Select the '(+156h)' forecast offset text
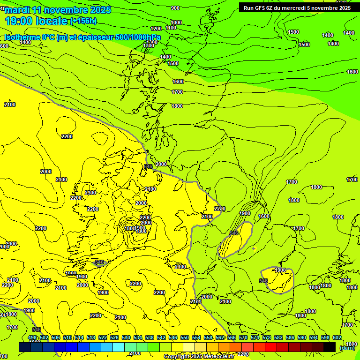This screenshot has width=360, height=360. pos(83,21)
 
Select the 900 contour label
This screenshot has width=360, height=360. pos(175,8)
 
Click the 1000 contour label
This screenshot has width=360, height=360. pos(176,22)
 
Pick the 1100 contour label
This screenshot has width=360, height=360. pos(171,28)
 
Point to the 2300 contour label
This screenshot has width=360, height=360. pos(90,193)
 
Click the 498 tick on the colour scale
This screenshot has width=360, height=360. pos(32,337)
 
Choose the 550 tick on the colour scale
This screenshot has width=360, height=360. pos(185,337)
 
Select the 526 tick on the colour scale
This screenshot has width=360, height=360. pos(114,337)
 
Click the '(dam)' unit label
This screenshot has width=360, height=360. pos(347,348)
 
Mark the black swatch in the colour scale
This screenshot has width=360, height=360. pos(330,347)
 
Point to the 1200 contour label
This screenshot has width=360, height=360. pos(156,29)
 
